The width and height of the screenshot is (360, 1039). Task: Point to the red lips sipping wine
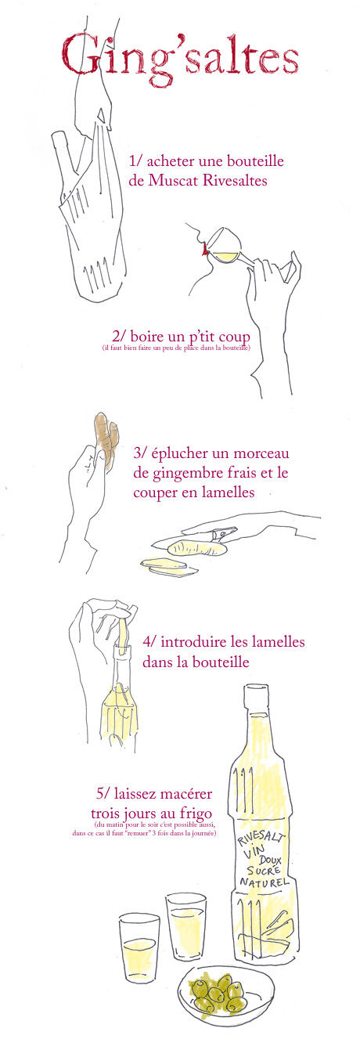[203, 248]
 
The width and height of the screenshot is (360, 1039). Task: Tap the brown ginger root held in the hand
[106, 440]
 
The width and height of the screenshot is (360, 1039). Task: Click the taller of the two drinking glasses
[185, 927]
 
